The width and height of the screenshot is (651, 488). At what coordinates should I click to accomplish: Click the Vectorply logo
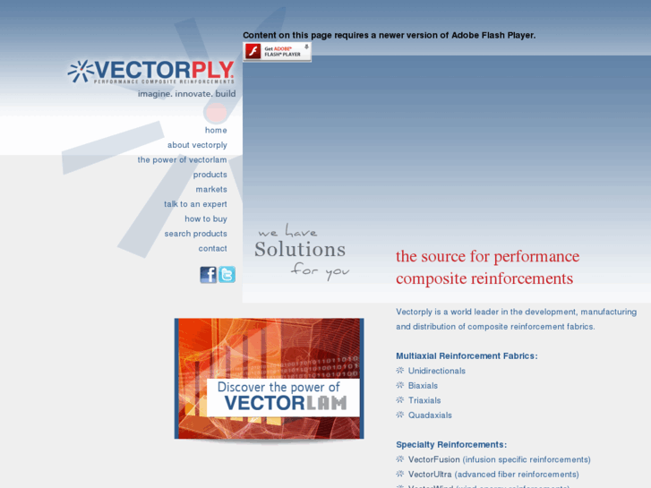(x=150, y=72)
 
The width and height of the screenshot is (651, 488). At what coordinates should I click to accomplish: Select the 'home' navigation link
(x=216, y=130)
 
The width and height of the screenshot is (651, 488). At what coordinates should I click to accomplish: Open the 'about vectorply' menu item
(x=197, y=145)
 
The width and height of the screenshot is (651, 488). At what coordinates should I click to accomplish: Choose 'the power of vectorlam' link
(x=182, y=159)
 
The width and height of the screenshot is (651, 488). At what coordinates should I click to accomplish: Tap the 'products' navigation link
(x=210, y=175)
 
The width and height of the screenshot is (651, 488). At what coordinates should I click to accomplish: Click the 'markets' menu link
(x=211, y=189)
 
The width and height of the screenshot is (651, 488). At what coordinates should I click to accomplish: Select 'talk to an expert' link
(x=195, y=204)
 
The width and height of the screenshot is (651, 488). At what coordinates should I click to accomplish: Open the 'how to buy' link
(x=206, y=218)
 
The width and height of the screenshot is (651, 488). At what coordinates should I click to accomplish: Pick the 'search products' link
(x=195, y=234)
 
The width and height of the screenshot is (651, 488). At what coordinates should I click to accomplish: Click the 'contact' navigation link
(x=212, y=248)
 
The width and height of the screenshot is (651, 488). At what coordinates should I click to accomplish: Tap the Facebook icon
(x=208, y=275)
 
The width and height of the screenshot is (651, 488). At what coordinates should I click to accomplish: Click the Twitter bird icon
(x=227, y=275)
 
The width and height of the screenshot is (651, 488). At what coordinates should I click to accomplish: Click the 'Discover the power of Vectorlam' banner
(x=269, y=379)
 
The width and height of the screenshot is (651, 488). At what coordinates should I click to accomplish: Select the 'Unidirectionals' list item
(x=436, y=371)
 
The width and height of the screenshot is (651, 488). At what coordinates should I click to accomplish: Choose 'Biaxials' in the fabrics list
(x=423, y=386)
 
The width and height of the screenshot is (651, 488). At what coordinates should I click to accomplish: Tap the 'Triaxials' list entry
(x=424, y=400)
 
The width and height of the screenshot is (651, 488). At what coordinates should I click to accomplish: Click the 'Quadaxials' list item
(x=430, y=415)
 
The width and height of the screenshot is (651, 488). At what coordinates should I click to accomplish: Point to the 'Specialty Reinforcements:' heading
(x=451, y=444)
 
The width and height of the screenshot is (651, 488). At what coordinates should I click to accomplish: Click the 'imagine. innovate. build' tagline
(x=186, y=93)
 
